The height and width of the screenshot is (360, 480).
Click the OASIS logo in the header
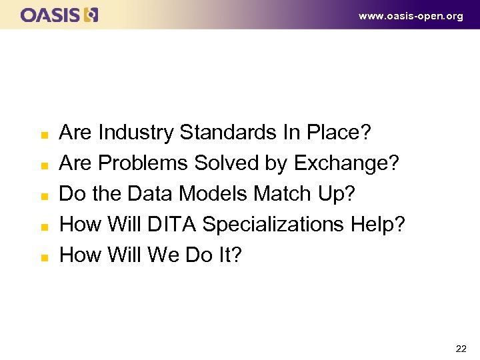coord(59,15)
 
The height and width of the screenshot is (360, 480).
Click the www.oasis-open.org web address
coord(410,16)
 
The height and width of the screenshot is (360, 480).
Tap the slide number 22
coord(460,348)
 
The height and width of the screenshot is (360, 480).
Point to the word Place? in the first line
coord(338,133)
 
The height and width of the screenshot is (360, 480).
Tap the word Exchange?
coord(346,163)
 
